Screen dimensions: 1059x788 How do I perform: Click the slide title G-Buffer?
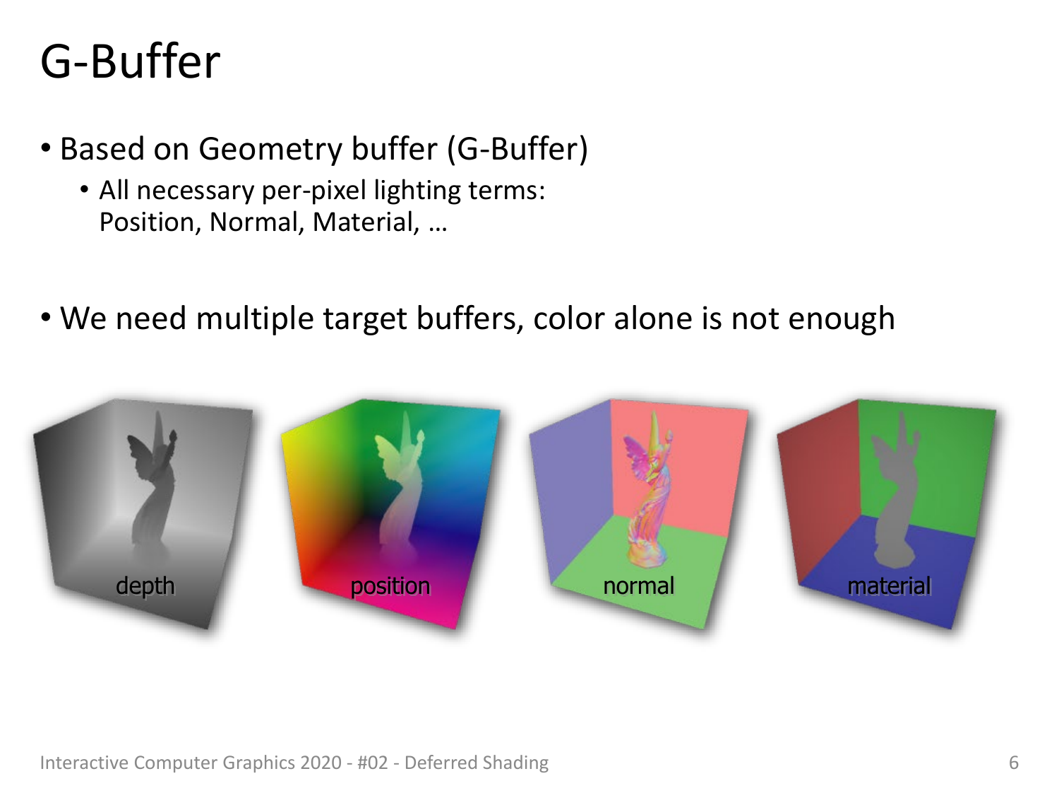(x=130, y=61)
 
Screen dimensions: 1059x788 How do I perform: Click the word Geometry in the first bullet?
(x=270, y=150)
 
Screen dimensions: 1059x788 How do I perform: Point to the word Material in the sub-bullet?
(x=366, y=222)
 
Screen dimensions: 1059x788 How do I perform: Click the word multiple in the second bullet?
(x=254, y=318)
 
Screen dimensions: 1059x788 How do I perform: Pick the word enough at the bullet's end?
(x=842, y=319)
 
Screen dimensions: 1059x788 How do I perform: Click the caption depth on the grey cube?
(x=145, y=586)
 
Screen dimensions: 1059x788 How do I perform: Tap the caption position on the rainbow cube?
(x=390, y=586)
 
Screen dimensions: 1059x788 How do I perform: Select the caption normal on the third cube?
(x=639, y=585)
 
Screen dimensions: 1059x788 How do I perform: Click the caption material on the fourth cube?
(x=889, y=585)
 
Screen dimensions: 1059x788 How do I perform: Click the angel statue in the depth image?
(x=152, y=482)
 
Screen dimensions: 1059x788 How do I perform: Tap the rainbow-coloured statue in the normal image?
(x=648, y=487)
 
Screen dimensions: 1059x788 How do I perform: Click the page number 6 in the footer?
(x=1013, y=762)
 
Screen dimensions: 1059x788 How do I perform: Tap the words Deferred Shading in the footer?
(x=476, y=763)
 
